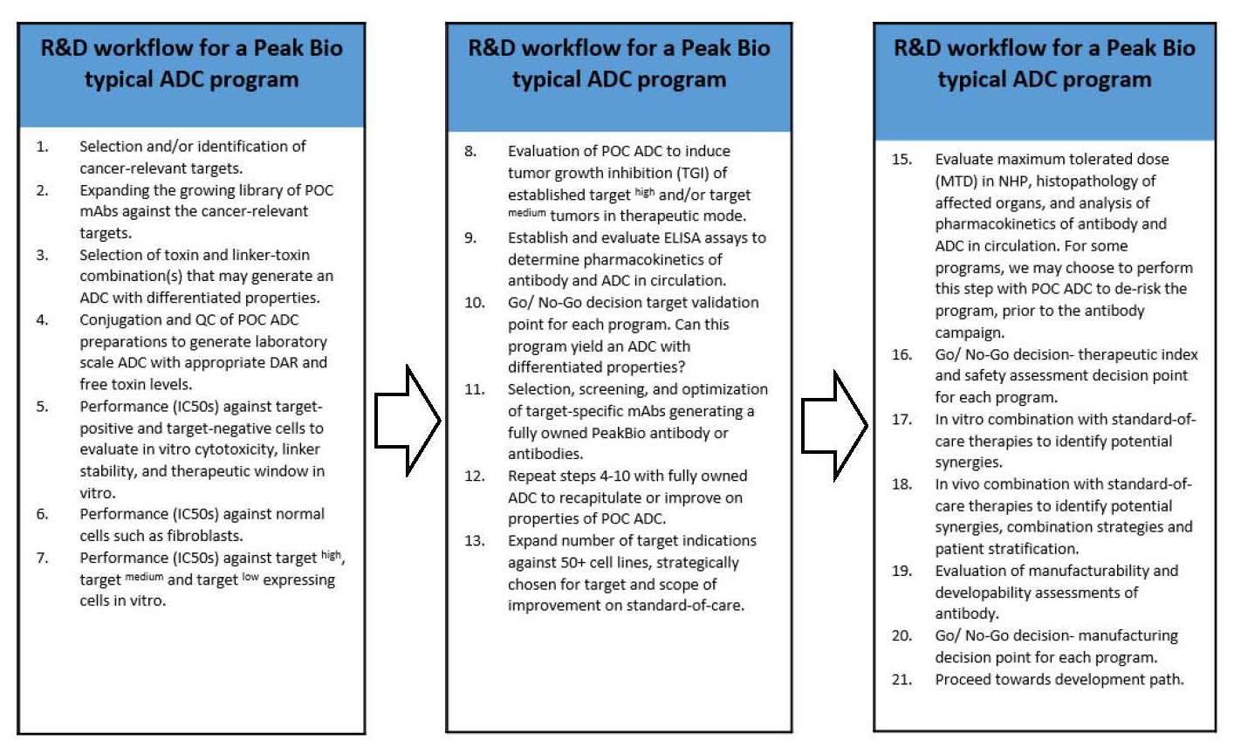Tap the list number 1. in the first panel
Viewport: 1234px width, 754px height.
[x=42, y=147]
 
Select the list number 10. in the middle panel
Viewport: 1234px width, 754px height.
[x=474, y=303]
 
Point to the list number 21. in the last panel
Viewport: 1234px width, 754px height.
[x=902, y=679]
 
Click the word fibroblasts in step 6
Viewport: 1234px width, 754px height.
[x=206, y=536]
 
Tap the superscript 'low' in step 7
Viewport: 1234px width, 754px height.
[x=250, y=577]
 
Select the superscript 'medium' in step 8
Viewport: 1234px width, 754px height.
[x=526, y=213]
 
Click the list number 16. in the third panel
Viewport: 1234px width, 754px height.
[x=902, y=354]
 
